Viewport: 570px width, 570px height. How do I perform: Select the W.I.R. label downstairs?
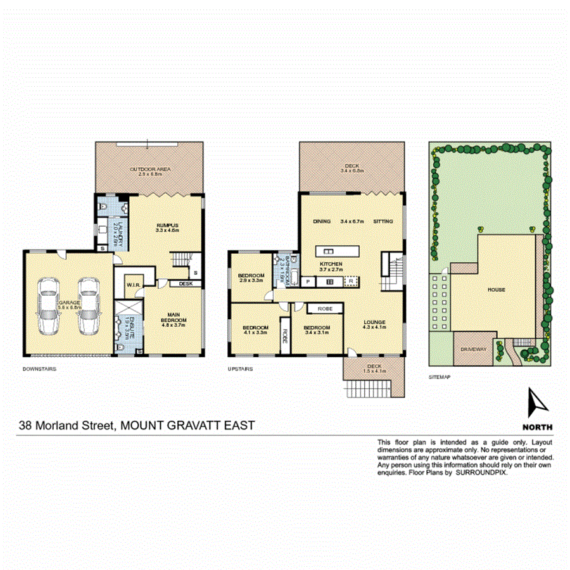[133, 284]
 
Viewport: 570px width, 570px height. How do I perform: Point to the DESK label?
[186, 284]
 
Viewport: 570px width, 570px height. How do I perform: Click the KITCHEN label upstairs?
[331, 263]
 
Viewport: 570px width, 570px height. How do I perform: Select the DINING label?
[322, 221]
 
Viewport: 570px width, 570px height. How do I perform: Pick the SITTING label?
[383, 221]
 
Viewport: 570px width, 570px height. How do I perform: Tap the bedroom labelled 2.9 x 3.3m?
[251, 276]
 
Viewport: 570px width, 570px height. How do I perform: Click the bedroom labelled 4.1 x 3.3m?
[256, 327]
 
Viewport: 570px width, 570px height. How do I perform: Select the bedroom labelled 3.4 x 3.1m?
[317, 327]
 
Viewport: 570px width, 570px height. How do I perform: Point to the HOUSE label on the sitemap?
[496, 289]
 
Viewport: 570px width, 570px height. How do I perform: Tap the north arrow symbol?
[537, 403]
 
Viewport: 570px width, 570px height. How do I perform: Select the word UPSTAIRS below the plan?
[241, 368]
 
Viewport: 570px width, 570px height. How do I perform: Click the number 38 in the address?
[27, 426]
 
